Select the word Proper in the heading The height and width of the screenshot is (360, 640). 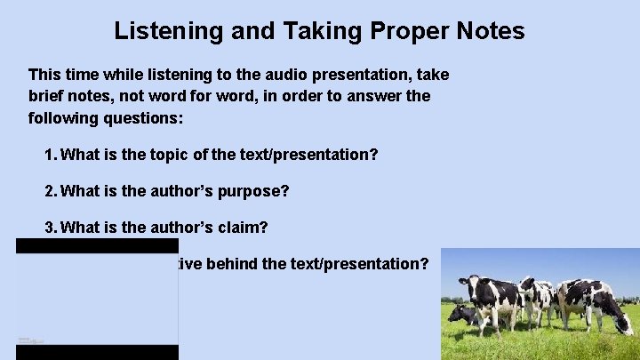(x=398, y=32)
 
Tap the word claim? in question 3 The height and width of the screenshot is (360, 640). (x=237, y=228)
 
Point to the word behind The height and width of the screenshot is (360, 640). (x=236, y=264)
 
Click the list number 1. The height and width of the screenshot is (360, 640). (x=50, y=155)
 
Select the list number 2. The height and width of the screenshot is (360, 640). (x=50, y=191)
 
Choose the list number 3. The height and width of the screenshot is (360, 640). (x=50, y=228)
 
